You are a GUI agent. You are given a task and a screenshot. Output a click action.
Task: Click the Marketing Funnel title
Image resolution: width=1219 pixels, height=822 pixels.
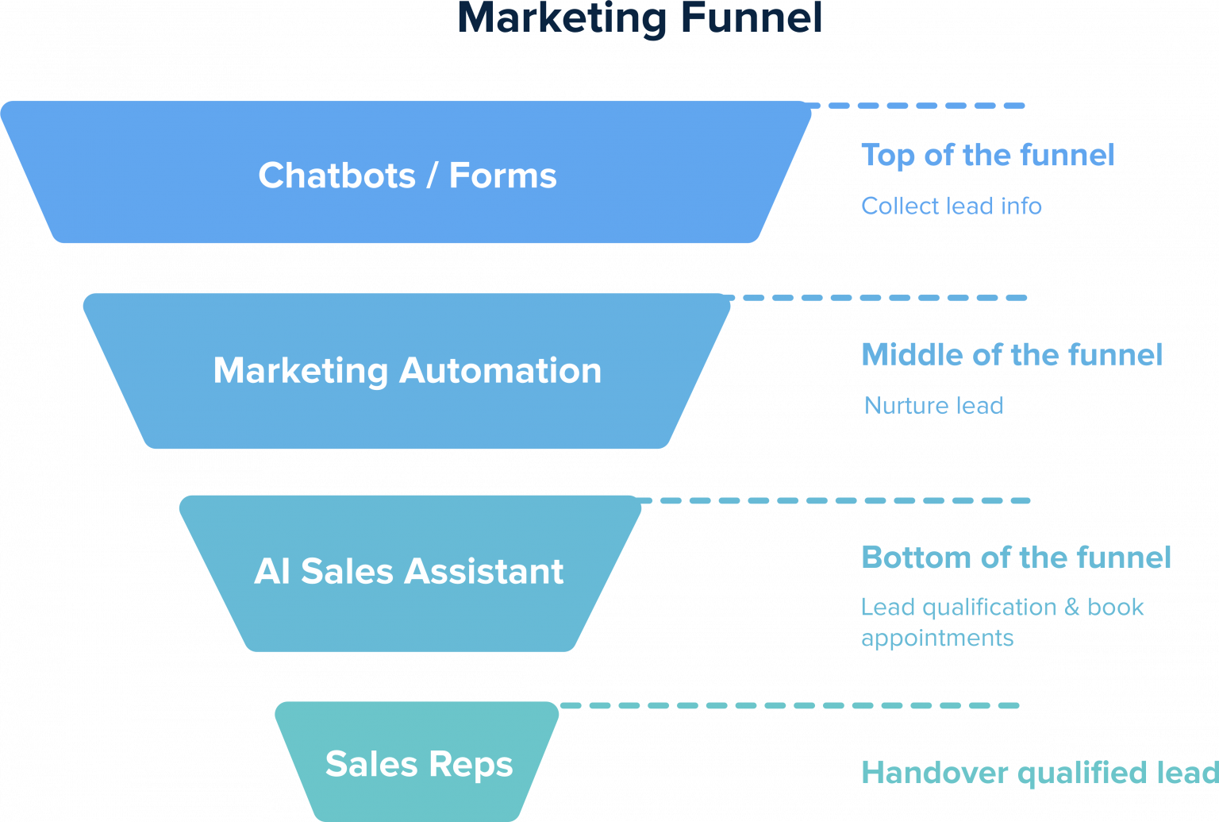[640, 17]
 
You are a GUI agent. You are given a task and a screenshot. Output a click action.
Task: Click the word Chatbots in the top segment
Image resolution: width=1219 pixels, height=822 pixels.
[336, 176]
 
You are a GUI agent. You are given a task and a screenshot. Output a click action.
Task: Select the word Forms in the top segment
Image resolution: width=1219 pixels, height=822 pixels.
[502, 176]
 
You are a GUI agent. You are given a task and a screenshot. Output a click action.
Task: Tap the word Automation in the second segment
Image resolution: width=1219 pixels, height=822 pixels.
[500, 370]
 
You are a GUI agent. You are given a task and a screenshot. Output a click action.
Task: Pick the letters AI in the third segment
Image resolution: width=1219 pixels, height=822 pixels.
[272, 571]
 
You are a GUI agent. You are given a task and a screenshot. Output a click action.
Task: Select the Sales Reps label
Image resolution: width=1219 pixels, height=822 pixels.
[419, 765]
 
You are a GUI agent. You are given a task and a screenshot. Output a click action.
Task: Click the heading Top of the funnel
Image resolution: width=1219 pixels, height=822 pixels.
[988, 156]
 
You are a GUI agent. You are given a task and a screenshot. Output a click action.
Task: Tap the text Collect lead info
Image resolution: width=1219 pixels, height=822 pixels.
[952, 206]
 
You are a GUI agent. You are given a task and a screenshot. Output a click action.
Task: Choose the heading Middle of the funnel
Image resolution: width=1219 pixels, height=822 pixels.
[1012, 355]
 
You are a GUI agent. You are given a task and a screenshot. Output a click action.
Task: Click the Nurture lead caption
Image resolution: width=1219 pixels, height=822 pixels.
[933, 406]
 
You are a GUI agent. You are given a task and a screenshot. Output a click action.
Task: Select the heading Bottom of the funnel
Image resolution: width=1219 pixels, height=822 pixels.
[1016, 558]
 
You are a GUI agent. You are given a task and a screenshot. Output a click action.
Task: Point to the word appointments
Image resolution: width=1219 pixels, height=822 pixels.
[937, 639]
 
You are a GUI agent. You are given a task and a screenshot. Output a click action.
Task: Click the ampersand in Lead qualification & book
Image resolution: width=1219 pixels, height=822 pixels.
[1072, 608]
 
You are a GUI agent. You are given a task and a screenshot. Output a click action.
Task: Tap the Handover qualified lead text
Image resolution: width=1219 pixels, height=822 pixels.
[1039, 773]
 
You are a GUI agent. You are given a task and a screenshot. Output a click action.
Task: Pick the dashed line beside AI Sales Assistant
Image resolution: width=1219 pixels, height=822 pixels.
[833, 500]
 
